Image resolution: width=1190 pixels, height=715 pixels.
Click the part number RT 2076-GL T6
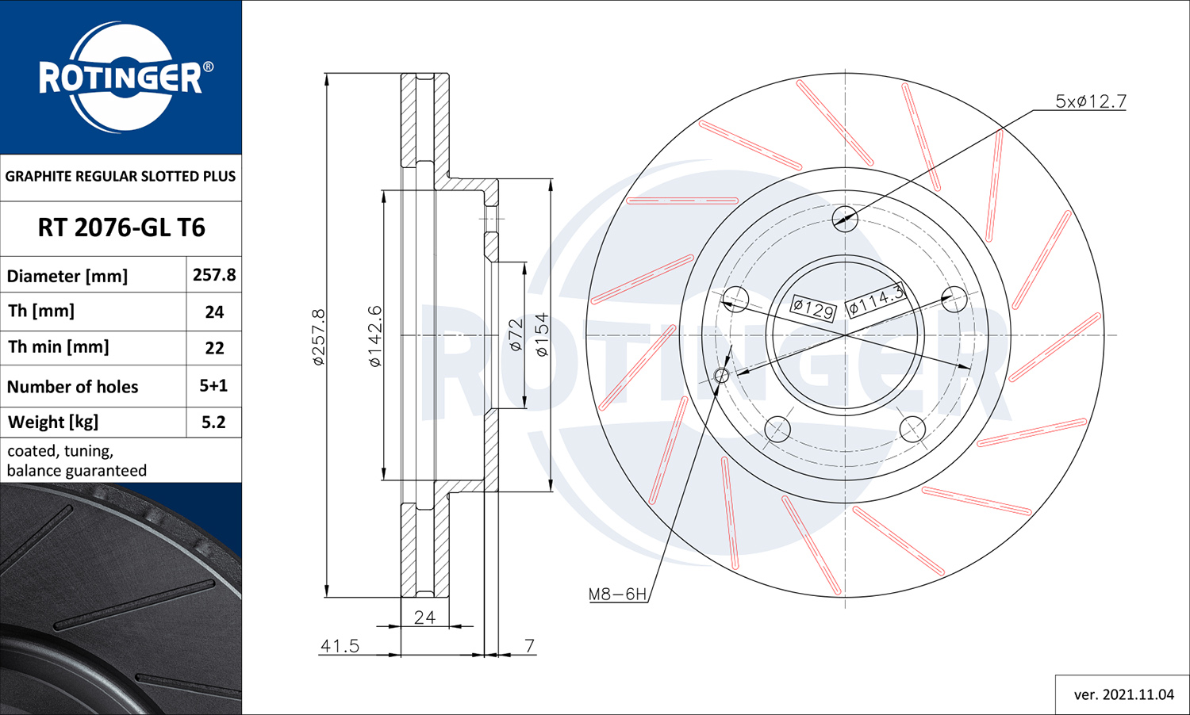pyautogui.click(x=121, y=227)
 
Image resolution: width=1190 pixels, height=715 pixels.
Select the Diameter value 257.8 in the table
pyautogui.click(x=214, y=274)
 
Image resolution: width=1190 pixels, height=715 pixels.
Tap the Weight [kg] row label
pyautogui.click(x=52, y=422)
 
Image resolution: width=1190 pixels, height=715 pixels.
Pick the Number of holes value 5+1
pyautogui.click(x=213, y=385)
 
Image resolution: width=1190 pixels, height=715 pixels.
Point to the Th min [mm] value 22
pyautogui.click(x=214, y=348)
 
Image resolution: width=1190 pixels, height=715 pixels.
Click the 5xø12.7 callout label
pyautogui.click(x=1091, y=101)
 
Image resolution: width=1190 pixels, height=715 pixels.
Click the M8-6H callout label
pyautogui.click(x=617, y=594)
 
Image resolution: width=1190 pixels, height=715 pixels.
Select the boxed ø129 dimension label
pyautogui.click(x=813, y=308)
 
